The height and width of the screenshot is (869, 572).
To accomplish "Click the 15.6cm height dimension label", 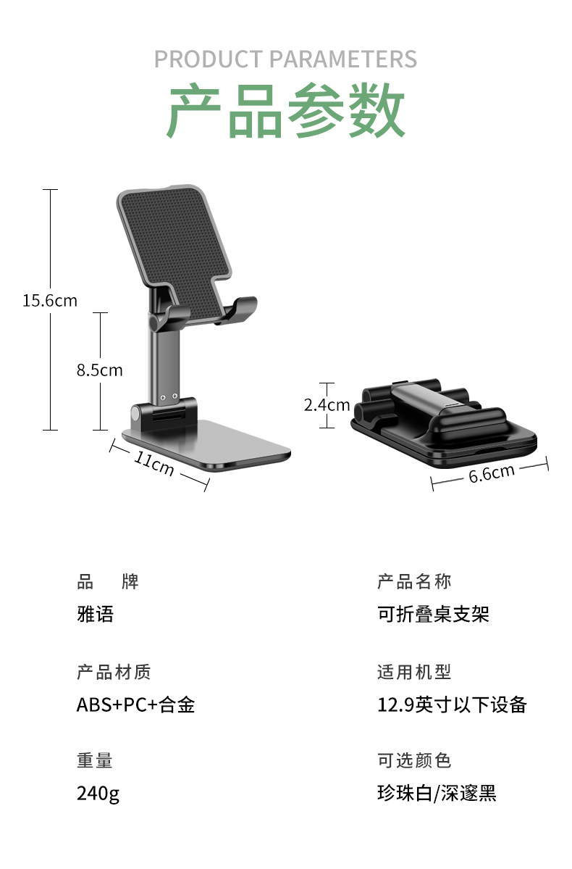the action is (x=49, y=300).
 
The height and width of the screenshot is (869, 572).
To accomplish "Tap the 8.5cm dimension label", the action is (x=100, y=370).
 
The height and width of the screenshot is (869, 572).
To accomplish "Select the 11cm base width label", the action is (x=153, y=462).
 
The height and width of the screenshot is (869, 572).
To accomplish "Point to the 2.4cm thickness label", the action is (x=327, y=405).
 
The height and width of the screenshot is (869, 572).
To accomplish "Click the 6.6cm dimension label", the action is (x=492, y=473).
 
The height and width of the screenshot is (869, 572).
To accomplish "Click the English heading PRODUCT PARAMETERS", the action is (x=286, y=59).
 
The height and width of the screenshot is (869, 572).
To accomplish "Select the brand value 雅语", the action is (x=96, y=615).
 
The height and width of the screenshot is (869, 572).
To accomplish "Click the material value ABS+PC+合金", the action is (x=136, y=704).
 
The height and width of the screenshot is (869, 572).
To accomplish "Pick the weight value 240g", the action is (x=98, y=794).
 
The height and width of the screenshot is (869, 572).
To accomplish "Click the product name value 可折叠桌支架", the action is (x=433, y=615).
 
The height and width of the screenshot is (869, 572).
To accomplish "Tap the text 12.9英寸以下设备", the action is (x=452, y=704).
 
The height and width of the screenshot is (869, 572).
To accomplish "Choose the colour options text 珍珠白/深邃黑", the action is (x=437, y=794).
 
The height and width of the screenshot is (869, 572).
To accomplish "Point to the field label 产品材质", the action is (x=114, y=673).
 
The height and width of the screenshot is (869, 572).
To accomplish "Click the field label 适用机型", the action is (x=414, y=673).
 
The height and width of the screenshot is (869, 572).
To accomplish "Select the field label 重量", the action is (x=95, y=761).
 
